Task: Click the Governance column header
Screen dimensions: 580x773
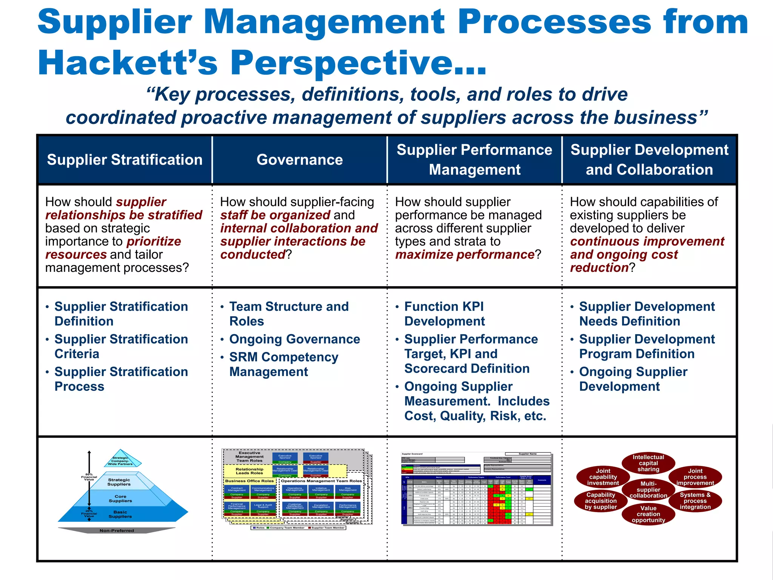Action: (300, 160)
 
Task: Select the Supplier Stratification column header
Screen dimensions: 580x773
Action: (125, 160)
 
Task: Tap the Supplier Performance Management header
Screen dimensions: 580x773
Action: (474, 160)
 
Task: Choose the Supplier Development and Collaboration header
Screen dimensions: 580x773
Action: (649, 160)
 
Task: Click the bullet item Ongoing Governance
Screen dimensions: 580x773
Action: (294, 339)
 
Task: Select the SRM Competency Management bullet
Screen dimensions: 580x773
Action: (284, 364)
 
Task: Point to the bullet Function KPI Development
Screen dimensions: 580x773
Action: (444, 314)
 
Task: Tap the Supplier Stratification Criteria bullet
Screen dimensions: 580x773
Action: (121, 346)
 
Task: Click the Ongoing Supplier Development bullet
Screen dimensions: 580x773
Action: (633, 379)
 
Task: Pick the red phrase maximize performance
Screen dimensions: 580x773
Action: (465, 255)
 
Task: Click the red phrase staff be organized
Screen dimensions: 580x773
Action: (275, 215)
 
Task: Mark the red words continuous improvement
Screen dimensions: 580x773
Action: (647, 241)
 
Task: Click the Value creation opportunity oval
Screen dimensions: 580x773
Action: (648, 514)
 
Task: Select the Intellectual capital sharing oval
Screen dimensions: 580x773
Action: (648, 463)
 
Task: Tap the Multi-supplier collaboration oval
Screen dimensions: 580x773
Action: (648, 489)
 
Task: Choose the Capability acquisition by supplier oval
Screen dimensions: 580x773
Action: (601, 501)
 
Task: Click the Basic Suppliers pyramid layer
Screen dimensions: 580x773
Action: (120, 514)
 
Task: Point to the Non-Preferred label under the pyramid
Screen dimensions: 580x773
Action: (117, 531)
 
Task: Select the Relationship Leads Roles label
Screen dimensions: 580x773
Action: (249, 471)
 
